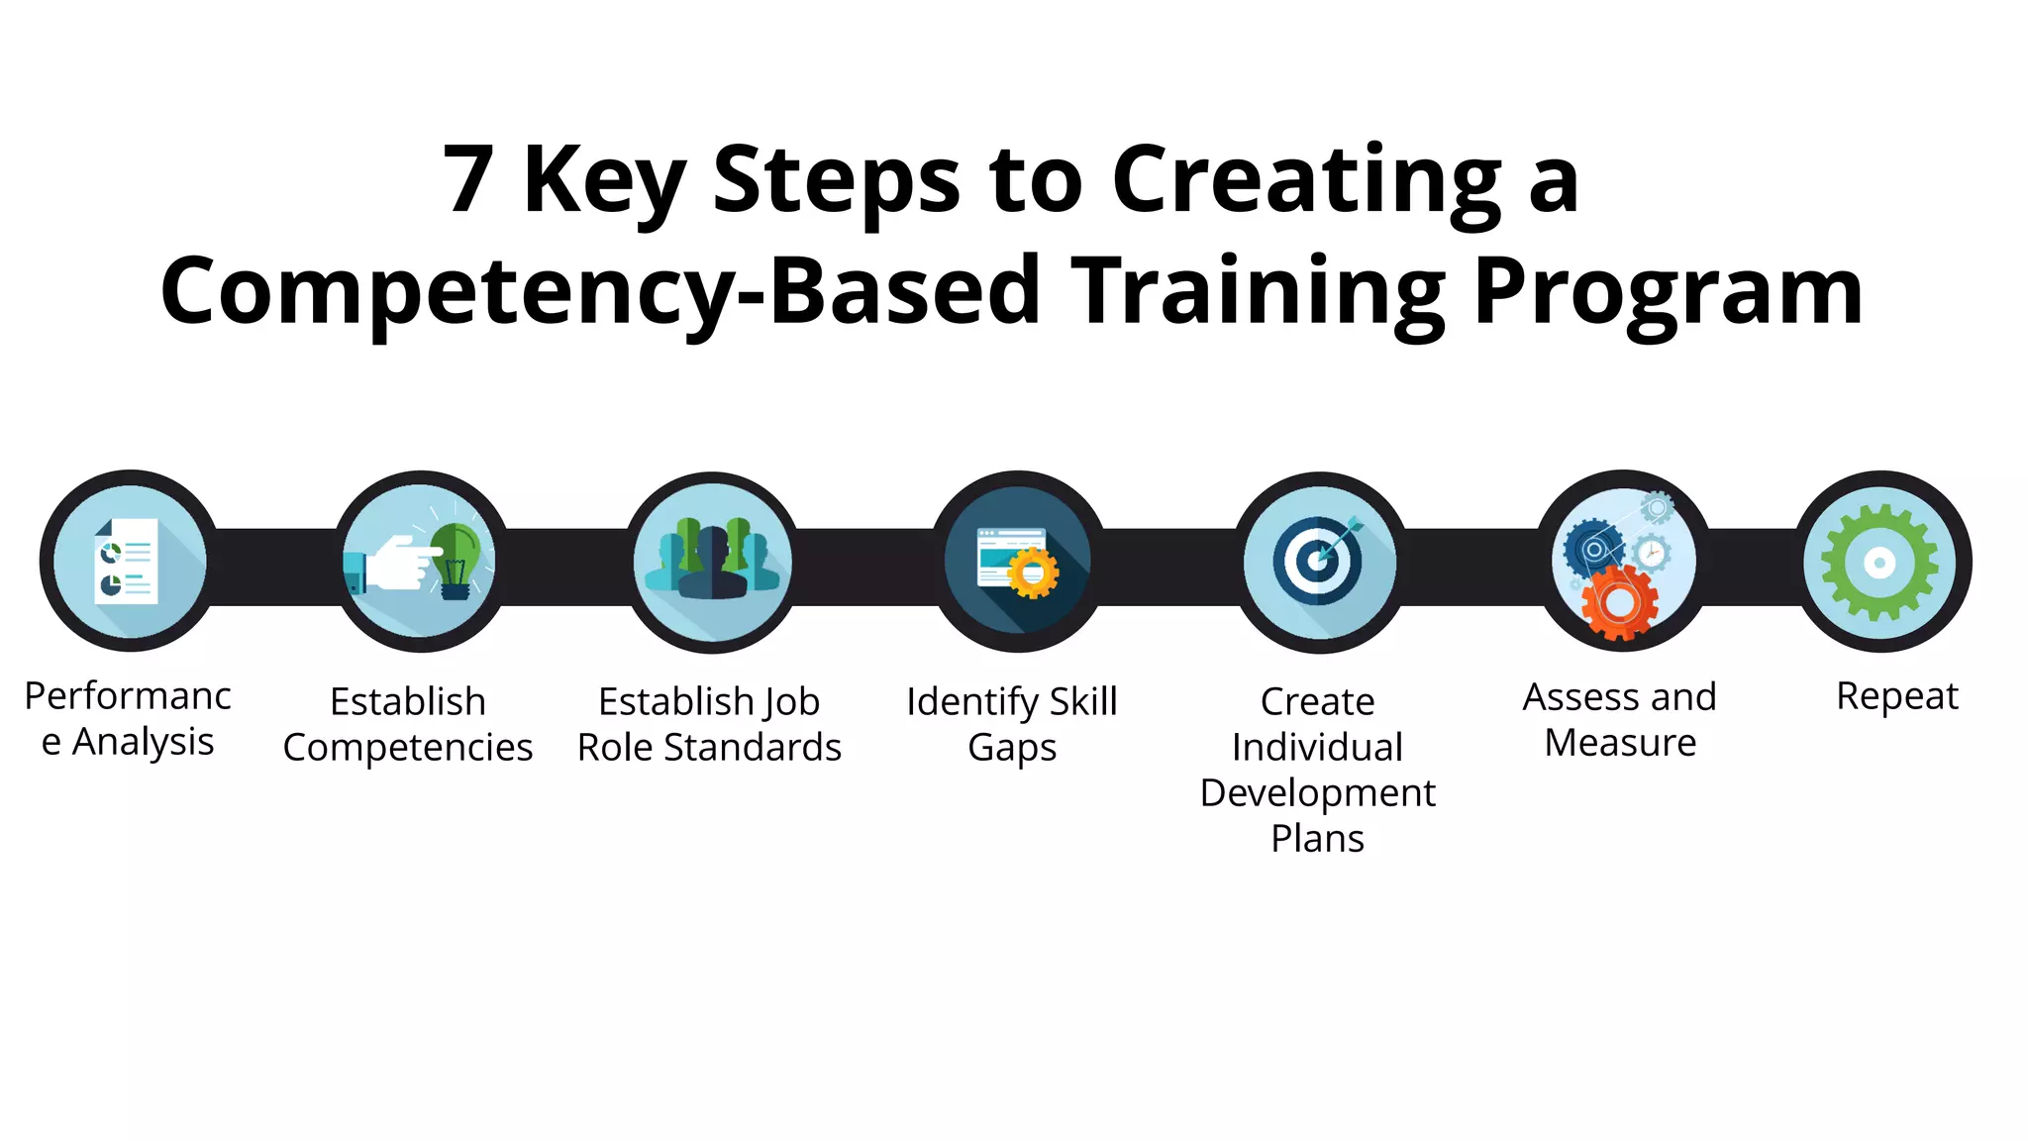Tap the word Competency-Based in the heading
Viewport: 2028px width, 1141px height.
point(600,291)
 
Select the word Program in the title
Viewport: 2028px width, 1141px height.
point(1668,291)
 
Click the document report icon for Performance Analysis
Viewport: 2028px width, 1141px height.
point(127,561)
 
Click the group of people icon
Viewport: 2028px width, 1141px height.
point(712,562)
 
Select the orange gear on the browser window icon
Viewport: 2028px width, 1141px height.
point(1033,572)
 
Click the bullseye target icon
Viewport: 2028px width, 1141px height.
point(1318,561)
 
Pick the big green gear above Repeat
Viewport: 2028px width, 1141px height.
point(1879,563)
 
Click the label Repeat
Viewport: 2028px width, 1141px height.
point(1896,696)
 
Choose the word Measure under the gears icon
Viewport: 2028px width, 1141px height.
point(1620,743)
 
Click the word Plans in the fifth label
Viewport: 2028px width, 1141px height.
point(1317,839)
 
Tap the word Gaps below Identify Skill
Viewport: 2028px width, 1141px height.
point(1012,748)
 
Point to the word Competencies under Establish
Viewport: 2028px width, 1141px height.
point(408,748)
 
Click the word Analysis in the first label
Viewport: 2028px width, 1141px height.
point(144,742)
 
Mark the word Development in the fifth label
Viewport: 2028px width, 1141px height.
point(1317,793)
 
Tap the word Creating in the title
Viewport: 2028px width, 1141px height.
point(1307,180)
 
